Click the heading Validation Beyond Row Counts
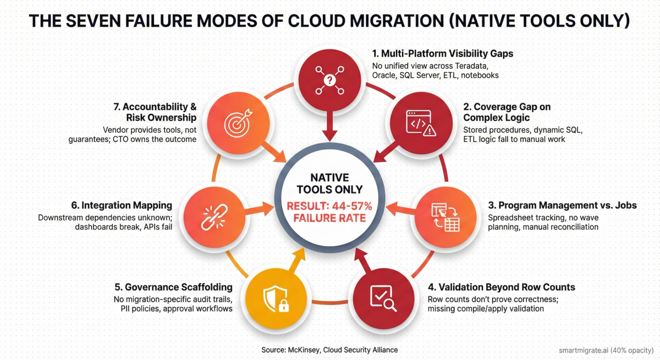point(501,287)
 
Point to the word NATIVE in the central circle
point(329,178)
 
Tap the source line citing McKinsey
point(329,350)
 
